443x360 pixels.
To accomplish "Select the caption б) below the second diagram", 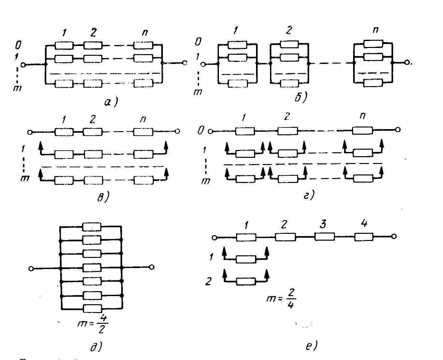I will point(300,97).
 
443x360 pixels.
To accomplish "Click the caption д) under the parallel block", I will point(96,347).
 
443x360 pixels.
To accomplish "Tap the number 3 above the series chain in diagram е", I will point(322,225).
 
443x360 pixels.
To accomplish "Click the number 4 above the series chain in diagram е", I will point(364,224).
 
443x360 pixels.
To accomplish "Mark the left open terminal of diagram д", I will point(31,268).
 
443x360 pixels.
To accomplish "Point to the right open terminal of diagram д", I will point(151,267).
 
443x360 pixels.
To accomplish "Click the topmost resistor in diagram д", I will point(92,227).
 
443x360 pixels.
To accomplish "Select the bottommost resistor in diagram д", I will point(93,308).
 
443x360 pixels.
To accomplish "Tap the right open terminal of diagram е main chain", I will point(394,237).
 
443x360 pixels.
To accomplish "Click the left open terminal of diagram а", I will point(23,65).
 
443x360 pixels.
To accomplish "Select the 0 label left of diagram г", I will point(201,131).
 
